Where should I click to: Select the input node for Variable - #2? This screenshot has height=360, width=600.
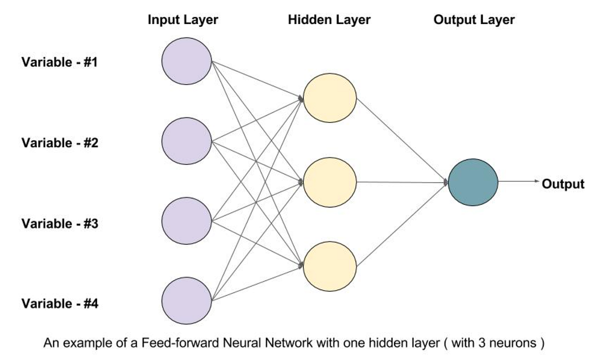[186, 141]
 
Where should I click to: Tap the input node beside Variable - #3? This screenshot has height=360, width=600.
[186, 221]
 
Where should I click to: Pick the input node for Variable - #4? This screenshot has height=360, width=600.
[186, 301]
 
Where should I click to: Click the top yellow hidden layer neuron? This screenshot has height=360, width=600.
[330, 98]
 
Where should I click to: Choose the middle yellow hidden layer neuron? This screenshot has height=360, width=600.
[330, 182]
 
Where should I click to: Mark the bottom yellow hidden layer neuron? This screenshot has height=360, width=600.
[330, 265]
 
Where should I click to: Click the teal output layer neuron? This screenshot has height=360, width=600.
[473, 182]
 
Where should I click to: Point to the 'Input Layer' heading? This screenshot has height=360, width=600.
[183, 20]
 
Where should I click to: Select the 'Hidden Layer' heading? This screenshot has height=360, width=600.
[329, 20]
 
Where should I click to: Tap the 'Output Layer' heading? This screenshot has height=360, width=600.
[474, 20]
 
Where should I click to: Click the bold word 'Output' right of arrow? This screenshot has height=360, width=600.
[563, 184]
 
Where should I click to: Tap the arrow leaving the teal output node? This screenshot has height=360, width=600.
[519, 182]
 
